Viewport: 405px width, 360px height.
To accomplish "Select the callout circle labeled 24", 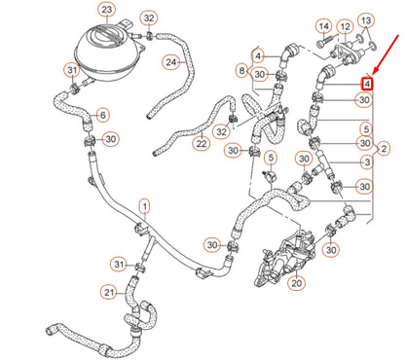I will click(x=171, y=63).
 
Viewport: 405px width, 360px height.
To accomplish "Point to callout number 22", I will click(x=202, y=144).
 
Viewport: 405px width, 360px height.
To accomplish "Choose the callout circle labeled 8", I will click(x=241, y=71).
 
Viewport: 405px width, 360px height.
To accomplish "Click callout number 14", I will click(x=322, y=24).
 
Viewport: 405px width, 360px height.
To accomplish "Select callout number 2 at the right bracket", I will click(x=385, y=147).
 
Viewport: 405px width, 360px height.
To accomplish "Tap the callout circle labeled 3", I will click(x=366, y=162).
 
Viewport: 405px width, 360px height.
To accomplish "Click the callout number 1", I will click(x=144, y=206).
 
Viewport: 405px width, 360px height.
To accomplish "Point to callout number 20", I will click(x=297, y=283).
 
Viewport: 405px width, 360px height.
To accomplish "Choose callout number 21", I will click(x=108, y=291).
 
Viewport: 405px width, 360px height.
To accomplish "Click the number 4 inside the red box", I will click(x=366, y=86).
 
